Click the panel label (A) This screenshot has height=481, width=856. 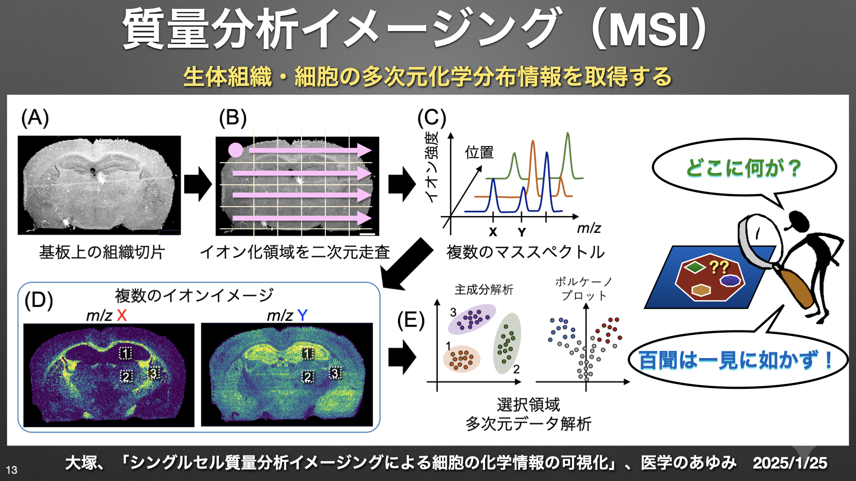(35, 118)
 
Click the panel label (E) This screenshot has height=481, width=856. (411, 321)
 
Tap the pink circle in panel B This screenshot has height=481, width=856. (235, 150)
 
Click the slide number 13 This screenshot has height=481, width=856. (12, 470)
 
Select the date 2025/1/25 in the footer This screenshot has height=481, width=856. (790, 463)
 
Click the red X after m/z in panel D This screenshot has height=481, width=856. (122, 315)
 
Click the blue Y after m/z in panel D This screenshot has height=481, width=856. (302, 315)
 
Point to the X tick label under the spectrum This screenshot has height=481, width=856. (493, 232)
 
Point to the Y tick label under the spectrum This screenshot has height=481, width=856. (522, 232)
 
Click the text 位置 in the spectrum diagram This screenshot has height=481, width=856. (479, 153)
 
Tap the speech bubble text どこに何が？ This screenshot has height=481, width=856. (743, 168)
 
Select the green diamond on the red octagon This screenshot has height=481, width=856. (694, 267)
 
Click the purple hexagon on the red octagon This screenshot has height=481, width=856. (730, 281)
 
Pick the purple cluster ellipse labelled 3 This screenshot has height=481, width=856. (472, 319)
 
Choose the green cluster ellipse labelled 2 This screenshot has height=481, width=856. (507, 343)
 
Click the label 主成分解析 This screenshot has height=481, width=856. (484, 290)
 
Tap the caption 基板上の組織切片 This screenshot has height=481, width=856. (102, 252)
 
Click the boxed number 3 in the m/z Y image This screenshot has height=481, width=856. (335, 373)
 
